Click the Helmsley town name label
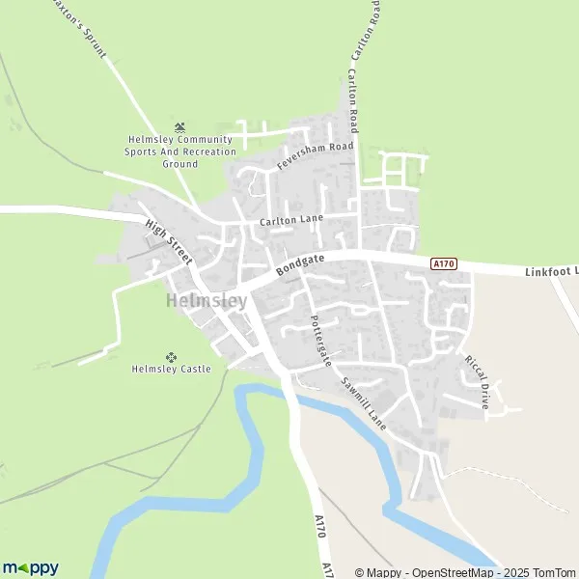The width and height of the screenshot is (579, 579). pos(207,301)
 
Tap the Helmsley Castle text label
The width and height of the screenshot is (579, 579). pos(171,369)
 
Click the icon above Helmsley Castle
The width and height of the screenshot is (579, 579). pos(172,356)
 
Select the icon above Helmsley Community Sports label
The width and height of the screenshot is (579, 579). pos(179,126)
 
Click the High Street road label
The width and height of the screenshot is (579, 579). pos(170,242)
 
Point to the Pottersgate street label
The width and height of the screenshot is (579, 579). pos(320,340)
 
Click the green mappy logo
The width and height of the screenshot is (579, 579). pos(30,567)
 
